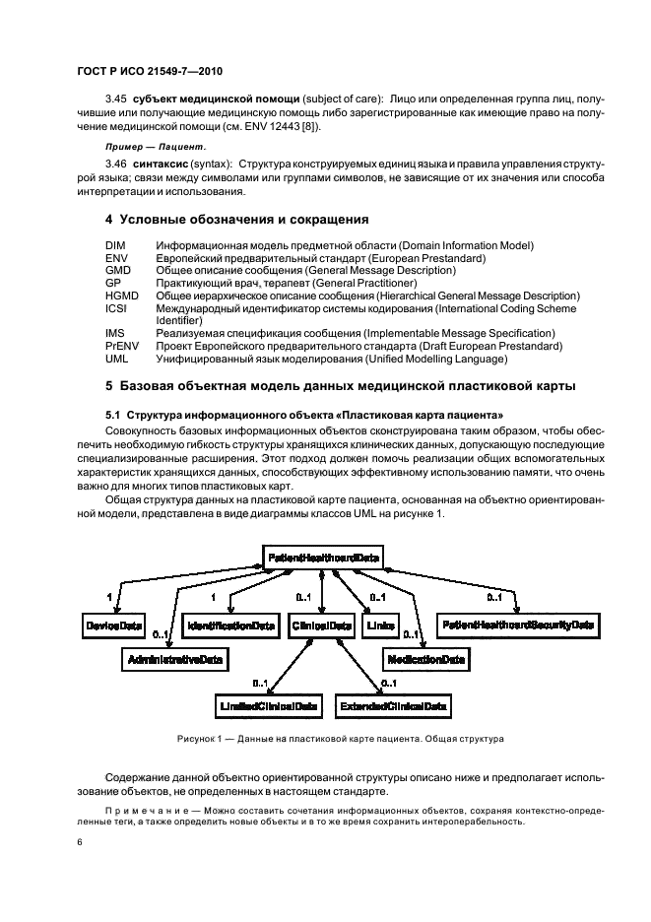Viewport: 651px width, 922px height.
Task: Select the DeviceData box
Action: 112,626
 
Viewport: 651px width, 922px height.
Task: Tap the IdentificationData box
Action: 229,626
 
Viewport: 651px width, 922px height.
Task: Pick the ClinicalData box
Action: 321,626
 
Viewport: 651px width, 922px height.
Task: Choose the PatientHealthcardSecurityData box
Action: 518,626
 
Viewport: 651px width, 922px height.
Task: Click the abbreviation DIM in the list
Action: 114,244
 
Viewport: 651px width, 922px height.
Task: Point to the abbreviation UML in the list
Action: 116,359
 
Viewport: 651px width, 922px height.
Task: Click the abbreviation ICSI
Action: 116,308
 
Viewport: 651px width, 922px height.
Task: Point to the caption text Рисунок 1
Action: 202,738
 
